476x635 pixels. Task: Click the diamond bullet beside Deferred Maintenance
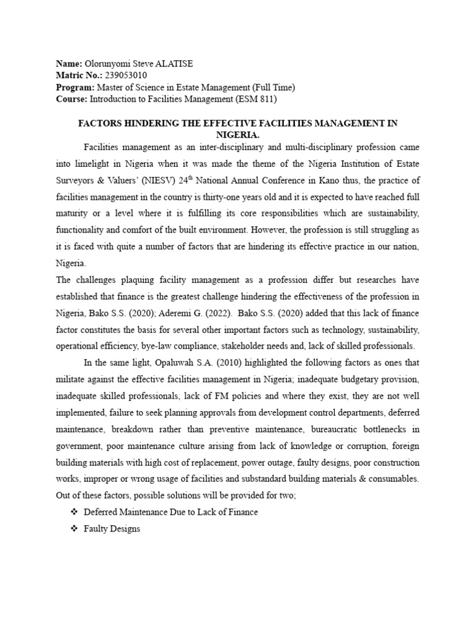point(75,512)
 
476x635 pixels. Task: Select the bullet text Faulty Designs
point(112,529)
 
